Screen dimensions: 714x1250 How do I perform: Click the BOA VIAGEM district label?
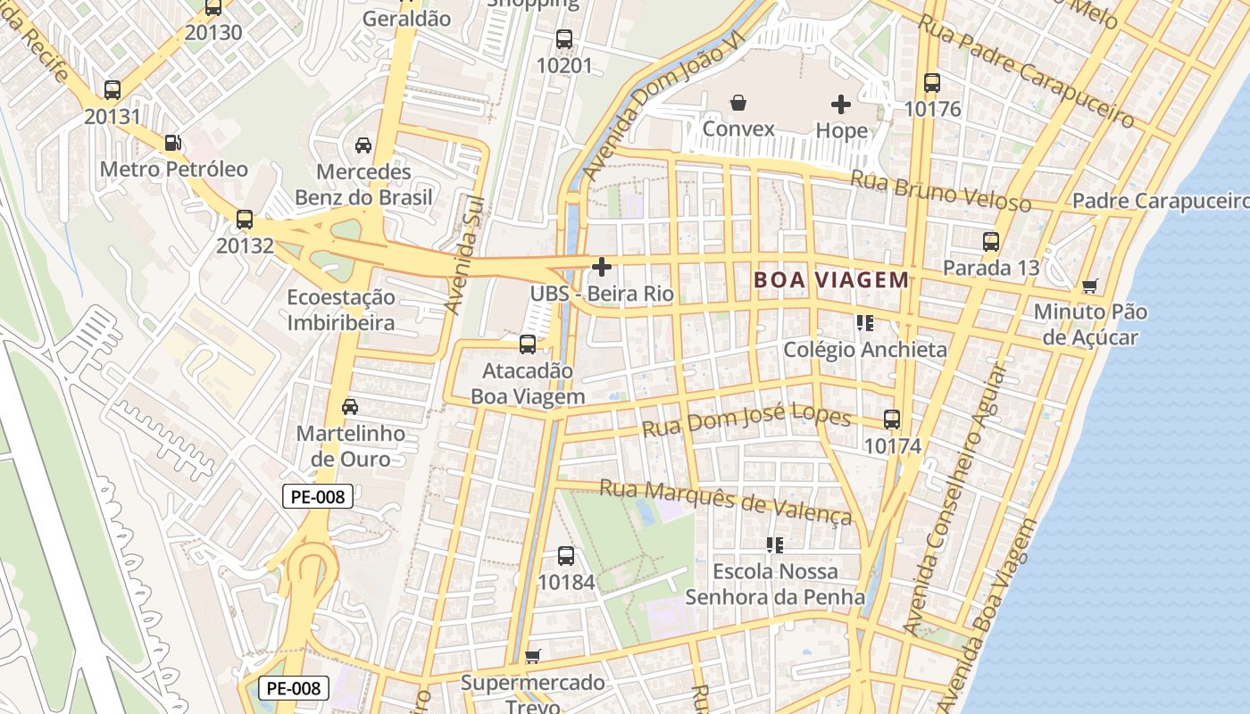[831, 279]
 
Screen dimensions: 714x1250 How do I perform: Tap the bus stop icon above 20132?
[244, 219]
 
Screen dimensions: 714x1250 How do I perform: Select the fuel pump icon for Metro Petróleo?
[173, 143]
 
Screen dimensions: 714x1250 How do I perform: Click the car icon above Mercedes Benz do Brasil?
[363, 145]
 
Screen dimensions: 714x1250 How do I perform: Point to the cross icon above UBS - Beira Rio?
[602, 266]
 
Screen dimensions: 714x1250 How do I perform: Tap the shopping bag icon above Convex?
[738, 104]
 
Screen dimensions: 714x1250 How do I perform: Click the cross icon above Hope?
[841, 104]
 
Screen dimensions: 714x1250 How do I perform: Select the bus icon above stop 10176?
[932, 83]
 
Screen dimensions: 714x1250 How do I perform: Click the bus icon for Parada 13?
[991, 242]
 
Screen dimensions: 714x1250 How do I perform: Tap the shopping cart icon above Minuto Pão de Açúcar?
[1089, 286]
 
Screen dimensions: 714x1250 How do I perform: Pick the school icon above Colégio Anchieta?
[864, 323]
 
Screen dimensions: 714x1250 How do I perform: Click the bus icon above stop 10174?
[891, 419]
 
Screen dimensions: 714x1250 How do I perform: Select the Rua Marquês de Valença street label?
[726, 502]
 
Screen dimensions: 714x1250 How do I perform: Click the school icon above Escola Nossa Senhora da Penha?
[775, 544]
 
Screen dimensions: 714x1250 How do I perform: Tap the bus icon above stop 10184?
[566, 556]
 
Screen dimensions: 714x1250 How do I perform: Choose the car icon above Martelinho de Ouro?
[350, 407]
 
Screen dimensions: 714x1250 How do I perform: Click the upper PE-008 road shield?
[318, 497]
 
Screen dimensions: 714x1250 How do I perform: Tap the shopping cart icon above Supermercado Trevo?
[533, 657]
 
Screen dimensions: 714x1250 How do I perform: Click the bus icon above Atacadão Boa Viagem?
[528, 344]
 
